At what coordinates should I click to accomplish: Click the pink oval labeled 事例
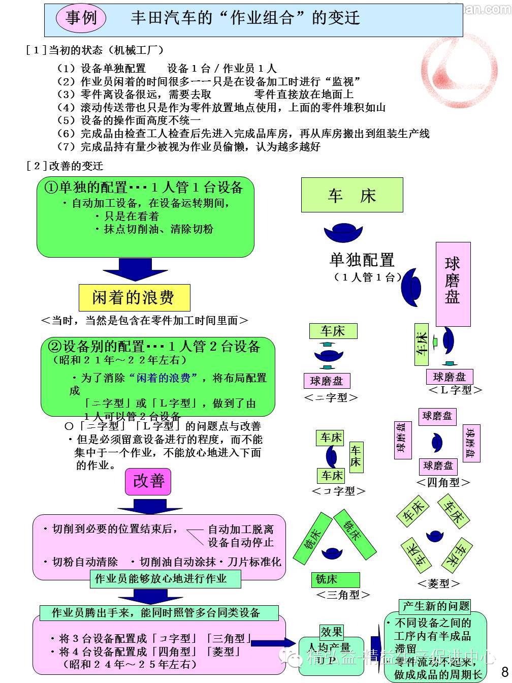[81, 18]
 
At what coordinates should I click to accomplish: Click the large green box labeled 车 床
[351, 195]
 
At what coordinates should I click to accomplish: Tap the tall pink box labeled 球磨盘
[453, 284]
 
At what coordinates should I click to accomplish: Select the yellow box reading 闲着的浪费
[134, 297]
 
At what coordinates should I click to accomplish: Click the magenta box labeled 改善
[148, 481]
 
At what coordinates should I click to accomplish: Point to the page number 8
[504, 670]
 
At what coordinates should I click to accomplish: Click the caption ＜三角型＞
[343, 594]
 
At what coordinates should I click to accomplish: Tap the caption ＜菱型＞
[438, 583]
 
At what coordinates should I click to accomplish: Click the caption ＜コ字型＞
[338, 491]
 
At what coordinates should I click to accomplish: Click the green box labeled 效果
[331, 632]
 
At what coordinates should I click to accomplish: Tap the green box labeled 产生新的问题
[435, 606]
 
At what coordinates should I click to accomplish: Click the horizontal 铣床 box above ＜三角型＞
[335, 579]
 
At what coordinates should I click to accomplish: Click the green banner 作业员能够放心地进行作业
[161, 578]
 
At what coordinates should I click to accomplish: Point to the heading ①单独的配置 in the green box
[144, 187]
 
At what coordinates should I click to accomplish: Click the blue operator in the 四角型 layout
[437, 442]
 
